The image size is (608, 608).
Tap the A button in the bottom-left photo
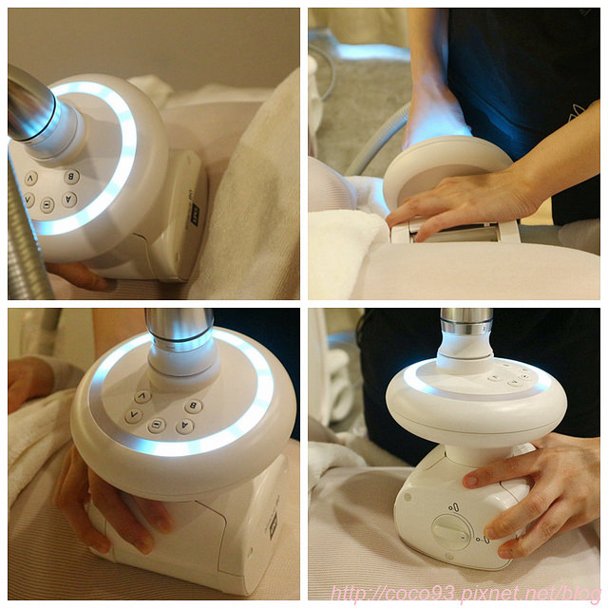pos(184,427)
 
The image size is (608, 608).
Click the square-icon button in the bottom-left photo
pos(156,427)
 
